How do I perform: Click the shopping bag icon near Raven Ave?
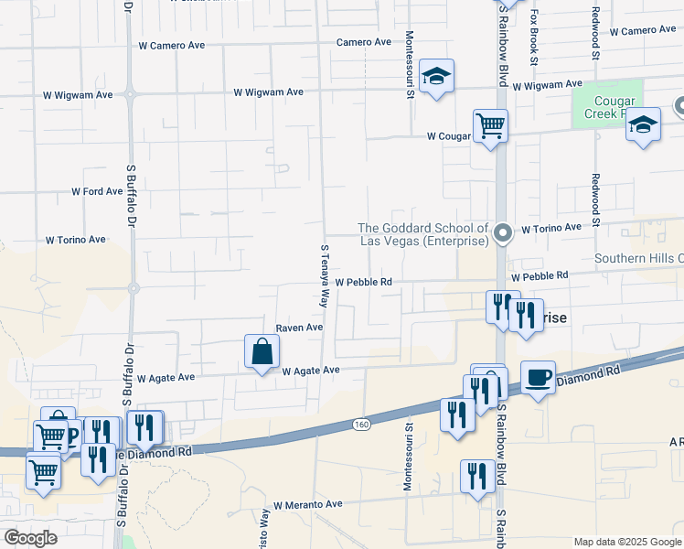[x=262, y=351]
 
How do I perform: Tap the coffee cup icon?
[x=538, y=377]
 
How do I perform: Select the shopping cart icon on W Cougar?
[x=490, y=126]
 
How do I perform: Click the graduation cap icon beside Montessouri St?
[x=437, y=77]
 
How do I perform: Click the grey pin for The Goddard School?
[x=502, y=235]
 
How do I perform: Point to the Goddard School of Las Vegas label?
[x=422, y=234]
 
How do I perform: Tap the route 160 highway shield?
[x=361, y=424]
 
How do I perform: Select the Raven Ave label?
[x=300, y=328]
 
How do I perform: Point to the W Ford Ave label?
[x=97, y=192]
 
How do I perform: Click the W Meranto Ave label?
[x=307, y=504]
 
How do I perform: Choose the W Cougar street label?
[x=448, y=136]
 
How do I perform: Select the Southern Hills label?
[x=638, y=259]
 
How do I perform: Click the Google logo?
[x=30, y=538]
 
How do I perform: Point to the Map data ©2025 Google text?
[x=626, y=542]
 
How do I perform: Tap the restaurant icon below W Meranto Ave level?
[x=477, y=477]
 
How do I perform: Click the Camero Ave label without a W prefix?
[x=363, y=42]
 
